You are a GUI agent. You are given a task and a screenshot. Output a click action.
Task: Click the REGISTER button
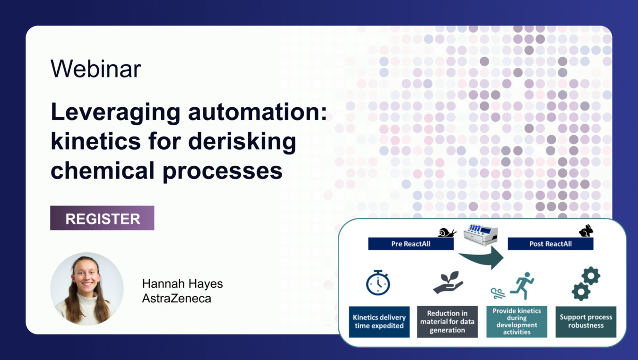coord(102,218)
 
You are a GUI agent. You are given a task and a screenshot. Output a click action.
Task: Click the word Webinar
coord(95,69)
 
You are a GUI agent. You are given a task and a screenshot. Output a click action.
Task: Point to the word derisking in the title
coord(242,142)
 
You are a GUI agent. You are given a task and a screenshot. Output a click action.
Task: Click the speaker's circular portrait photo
coord(87,289)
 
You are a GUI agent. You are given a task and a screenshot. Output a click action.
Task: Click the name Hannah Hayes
coord(182,283)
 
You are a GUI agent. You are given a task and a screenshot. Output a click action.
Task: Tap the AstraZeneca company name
coord(177,299)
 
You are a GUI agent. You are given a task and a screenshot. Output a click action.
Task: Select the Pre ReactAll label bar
coord(411,244)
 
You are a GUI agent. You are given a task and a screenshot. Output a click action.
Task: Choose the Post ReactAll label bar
coord(551,244)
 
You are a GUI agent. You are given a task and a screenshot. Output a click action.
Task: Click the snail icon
coord(447,232)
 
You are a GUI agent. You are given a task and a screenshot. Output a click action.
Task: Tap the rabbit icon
coord(586,231)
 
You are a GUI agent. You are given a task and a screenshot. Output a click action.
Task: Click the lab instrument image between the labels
coord(481,235)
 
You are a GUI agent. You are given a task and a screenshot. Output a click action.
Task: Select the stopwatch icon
coord(378,283)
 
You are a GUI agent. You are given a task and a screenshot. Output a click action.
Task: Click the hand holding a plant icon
coord(448,283)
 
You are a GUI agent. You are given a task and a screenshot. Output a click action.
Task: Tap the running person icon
coord(522,286)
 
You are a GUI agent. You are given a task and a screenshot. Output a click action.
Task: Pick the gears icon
coord(586,283)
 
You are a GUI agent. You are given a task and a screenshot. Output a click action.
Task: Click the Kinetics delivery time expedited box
coord(379,322)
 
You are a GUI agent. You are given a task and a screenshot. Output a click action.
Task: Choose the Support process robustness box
coord(586,322)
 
